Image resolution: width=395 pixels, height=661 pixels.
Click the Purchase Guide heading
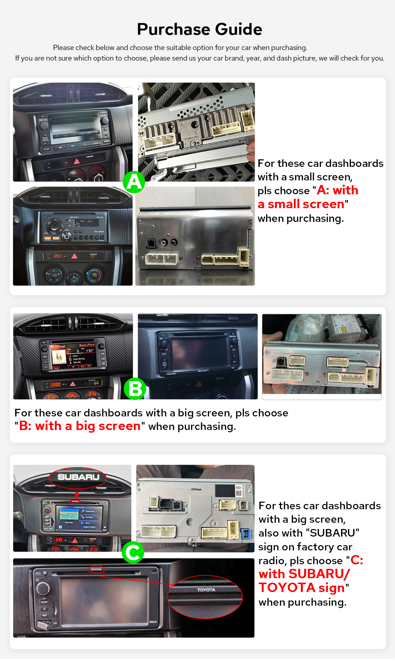pos(199,29)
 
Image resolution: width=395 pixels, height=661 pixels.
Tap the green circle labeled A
pos(134,182)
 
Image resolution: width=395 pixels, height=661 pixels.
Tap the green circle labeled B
pos(135,389)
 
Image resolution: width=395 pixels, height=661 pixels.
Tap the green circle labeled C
pos(133,552)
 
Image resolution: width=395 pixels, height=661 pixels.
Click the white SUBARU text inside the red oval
pos(78,477)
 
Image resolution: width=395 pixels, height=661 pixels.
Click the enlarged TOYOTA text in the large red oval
pos(206,590)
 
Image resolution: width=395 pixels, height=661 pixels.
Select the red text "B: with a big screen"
pos(80,426)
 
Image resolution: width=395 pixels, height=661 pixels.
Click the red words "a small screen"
pos(301,204)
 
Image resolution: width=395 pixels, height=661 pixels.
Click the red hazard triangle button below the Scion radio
pos(74,256)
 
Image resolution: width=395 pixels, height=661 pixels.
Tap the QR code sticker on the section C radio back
pos(239,493)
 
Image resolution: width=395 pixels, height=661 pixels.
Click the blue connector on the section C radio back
pos(245,533)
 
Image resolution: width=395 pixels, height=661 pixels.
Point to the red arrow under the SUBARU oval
pos(76,495)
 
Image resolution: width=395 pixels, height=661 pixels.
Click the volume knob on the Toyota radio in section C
pos(43,588)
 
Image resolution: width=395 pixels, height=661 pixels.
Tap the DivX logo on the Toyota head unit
pos(153,622)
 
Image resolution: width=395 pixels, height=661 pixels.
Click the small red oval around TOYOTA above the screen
pos(96,569)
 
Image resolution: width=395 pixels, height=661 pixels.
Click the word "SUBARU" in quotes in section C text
pos(332,533)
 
